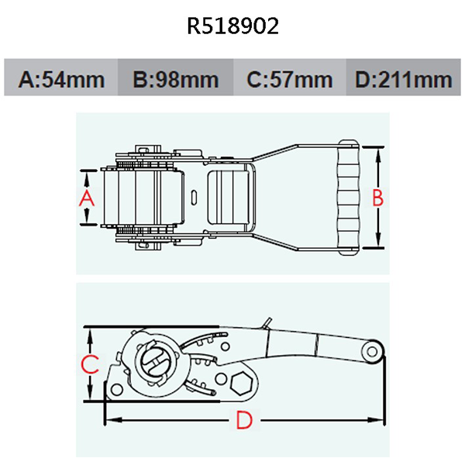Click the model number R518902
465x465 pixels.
(232, 27)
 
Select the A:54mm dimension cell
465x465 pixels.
(60, 79)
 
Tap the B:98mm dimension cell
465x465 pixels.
(174, 79)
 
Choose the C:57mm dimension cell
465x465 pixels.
(288, 79)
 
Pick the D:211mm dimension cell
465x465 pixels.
(403, 79)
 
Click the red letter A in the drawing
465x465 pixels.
(87, 198)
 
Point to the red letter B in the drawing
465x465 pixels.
(378, 198)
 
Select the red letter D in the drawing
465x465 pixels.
(243, 421)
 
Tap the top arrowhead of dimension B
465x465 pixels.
(378, 150)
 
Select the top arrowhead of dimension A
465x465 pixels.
(87, 173)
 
